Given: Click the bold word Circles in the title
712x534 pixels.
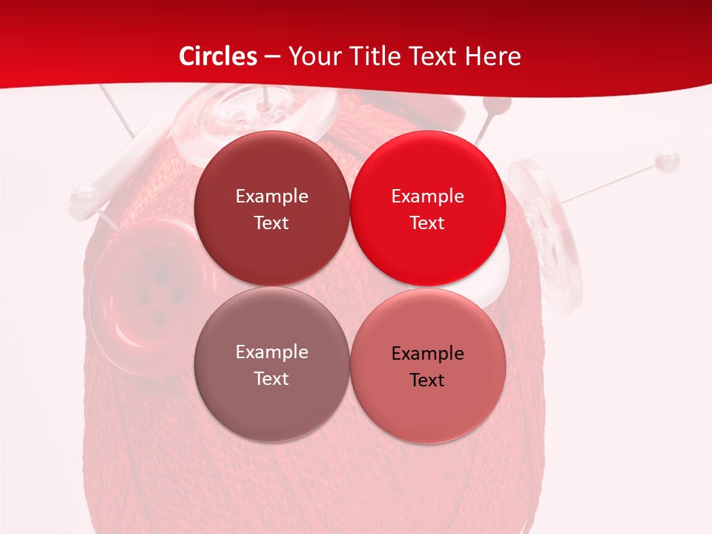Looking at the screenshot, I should coord(217,56).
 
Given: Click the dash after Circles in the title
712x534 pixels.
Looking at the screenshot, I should coord(272,57).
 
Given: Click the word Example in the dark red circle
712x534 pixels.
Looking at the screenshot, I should coord(271,197).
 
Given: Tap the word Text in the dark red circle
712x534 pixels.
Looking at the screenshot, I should coord(271,223).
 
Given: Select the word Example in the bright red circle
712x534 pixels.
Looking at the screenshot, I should coord(427,197).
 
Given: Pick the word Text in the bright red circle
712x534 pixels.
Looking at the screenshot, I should coord(427,223).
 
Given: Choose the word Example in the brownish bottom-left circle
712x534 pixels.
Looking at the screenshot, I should coord(271,352).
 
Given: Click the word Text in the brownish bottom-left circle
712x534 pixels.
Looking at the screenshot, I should coord(271,379).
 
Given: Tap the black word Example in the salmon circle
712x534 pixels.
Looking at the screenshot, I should coord(427,354).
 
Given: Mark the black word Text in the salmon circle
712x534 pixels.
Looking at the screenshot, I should coord(427,380).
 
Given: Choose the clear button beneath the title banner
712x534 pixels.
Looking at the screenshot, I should coord(252,119).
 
